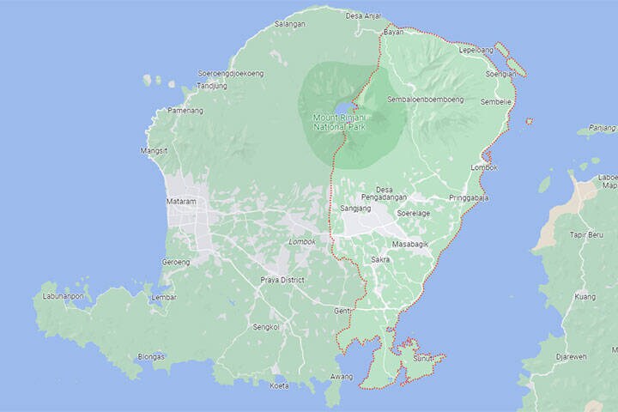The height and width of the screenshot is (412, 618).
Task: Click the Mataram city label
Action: tap(181, 202)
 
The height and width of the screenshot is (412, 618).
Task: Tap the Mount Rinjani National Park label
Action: tap(339, 121)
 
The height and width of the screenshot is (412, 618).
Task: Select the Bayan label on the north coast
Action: tap(393, 32)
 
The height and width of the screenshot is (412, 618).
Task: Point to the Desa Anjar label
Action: tap(363, 15)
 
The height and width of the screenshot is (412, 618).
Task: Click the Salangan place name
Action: tap(289, 24)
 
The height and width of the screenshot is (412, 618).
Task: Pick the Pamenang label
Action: tap(185, 111)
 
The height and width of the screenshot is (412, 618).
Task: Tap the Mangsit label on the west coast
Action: tap(154, 151)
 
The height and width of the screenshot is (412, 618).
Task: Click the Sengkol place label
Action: tap(266, 327)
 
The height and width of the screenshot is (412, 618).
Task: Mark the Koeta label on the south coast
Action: tap(279, 385)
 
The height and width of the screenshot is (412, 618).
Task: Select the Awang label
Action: tap(341, 377)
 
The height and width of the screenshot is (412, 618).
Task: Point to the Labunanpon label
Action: tap(64, 297)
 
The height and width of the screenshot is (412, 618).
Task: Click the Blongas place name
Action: tap(151, 356)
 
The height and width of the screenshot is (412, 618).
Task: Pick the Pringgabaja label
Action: tap(469, 198)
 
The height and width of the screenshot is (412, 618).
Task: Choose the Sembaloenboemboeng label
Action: tap(426, 100)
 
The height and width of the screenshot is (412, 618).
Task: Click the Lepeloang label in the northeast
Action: tap(477, 50)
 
